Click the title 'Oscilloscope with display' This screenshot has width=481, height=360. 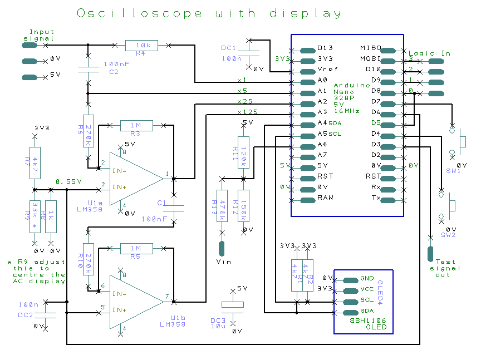(208, 13)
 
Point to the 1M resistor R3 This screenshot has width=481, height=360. (135, 126)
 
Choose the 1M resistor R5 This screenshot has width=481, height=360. (135, 249)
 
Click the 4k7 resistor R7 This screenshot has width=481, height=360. (35, 162)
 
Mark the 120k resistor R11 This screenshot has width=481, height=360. (243, 152)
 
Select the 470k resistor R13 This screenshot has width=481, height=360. (222, 206)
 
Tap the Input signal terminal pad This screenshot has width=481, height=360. (30, 45)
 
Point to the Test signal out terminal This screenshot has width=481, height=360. (429, 253)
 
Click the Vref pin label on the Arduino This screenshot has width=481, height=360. (325, 69)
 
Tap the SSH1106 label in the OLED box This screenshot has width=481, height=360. (368, 320)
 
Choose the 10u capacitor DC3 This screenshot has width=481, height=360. (233, 305)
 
